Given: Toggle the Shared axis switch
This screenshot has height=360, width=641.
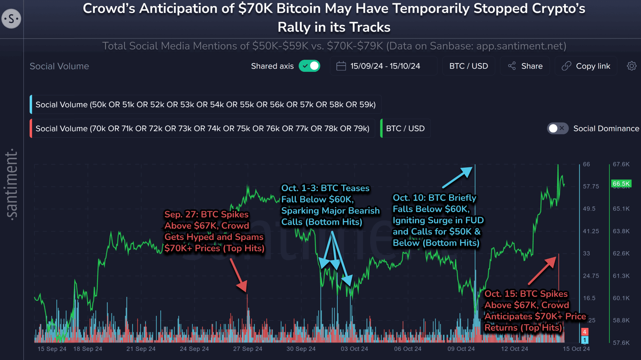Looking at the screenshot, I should click(x=309, y=66).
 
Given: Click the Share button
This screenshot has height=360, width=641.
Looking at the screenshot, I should click(x=525, y=66).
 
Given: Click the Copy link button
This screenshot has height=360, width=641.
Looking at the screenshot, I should click(x=586, y=66).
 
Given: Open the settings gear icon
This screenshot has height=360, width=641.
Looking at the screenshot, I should click(x=631, y=66).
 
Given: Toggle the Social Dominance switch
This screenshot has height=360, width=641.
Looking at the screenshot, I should click(x=558, y=129).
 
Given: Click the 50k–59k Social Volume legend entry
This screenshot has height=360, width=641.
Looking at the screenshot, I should click(x=205, y=104).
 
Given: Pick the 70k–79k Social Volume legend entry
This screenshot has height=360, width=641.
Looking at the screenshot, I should click(x=202, y=129).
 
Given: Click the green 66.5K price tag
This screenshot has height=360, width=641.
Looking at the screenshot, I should click(x=621, y=184).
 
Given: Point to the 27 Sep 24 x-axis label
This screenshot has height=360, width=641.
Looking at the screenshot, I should click(x=247, y=349).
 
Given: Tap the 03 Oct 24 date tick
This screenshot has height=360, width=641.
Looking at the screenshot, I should click(x=354, y=349).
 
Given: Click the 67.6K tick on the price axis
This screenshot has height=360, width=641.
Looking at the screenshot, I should click(x=621, y=164).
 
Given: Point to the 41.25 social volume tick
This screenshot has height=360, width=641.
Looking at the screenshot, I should click(x=591, y=231).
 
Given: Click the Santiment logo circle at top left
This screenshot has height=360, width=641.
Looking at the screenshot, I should click(x=11, y=19).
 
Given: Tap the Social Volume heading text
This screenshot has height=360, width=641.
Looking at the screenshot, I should click(x=59, y=66).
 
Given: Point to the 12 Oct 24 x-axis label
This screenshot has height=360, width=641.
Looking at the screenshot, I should click(x=515, y=349).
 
